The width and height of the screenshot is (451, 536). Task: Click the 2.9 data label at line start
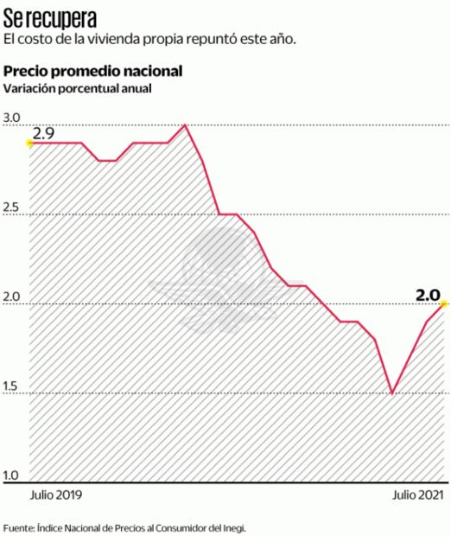coord(43,134)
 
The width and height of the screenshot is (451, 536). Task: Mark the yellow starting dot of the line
coord(30,143)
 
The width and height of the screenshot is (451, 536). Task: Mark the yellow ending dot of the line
coord(444,303)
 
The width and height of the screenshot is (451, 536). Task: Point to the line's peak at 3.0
coord(186,125)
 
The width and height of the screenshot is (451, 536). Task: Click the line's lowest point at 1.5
coord(392,393)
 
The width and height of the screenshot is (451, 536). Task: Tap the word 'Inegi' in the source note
coord(244,526)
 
